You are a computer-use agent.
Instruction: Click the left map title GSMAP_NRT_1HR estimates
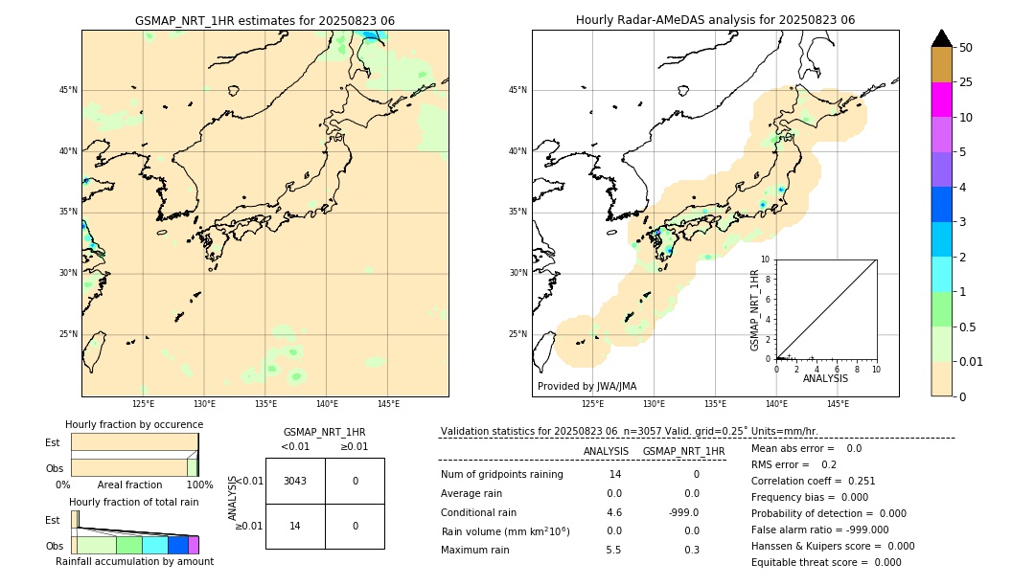click(264, 20)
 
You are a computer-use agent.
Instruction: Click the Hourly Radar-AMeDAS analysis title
click(715, 20)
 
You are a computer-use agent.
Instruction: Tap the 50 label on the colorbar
click(966, 48)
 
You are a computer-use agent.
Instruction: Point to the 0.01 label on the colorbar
click(971, 361)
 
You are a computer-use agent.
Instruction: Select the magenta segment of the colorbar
click(941, 100)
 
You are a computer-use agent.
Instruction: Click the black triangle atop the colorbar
click(941, 38)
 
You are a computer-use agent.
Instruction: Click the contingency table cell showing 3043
click(295, 481)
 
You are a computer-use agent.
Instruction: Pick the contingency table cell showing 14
click(295, 526)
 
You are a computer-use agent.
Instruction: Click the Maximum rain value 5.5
click(613, 550)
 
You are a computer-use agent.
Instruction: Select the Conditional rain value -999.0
click(682, 512)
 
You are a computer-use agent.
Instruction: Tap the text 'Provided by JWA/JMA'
click(586, 387)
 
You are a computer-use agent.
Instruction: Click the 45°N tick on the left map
click(68, 90)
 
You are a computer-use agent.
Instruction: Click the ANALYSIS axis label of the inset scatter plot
click(825, 378)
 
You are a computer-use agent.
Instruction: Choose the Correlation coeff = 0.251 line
click(813, 481)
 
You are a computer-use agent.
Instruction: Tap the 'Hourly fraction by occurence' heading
click(134, 424)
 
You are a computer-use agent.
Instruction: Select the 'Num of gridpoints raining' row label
click(501, 475)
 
